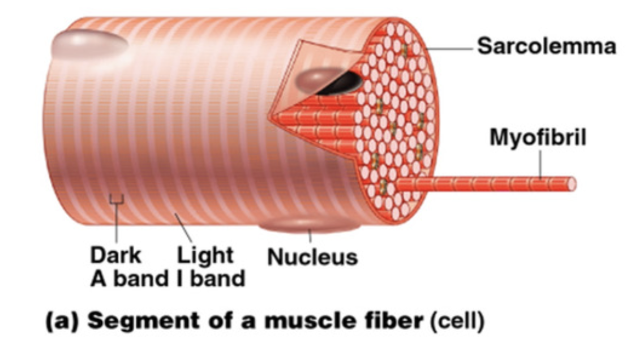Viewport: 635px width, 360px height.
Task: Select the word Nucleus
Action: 312,258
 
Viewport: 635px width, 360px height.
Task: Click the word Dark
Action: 115,256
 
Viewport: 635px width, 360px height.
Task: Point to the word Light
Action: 205,256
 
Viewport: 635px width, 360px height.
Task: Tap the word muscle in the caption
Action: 298,321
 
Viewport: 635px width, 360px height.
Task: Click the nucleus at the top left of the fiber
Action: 89,44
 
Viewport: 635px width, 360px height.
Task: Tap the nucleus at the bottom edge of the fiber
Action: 308,224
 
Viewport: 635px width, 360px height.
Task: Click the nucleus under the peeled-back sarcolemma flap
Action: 317,79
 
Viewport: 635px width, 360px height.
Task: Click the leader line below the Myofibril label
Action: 540,166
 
